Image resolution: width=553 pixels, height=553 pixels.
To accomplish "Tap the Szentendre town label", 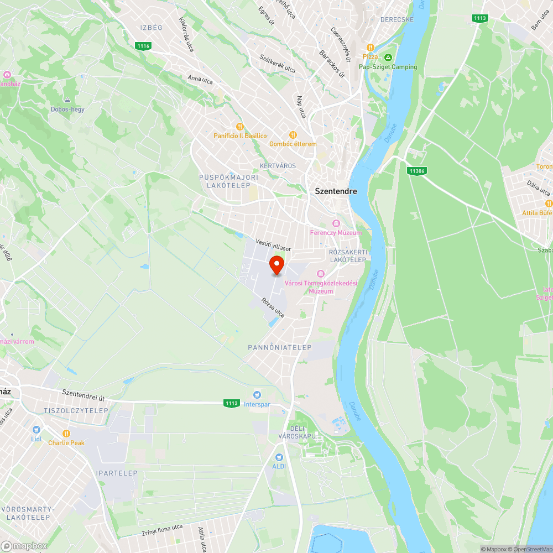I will (336, 191).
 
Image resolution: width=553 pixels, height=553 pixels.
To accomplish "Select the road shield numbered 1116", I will (144, 46).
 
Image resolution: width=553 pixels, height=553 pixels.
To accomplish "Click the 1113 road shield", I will (480, 18).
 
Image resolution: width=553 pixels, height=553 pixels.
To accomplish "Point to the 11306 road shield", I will (417, 171).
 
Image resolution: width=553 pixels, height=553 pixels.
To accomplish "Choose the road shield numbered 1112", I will (232, 403).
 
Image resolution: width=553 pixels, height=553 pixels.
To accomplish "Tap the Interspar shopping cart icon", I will (257, 394).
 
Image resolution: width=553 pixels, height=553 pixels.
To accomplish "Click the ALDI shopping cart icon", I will (279, 457).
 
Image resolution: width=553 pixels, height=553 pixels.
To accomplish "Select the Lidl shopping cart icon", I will (36, 430).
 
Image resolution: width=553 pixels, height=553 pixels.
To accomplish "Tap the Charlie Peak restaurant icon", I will (66, 434).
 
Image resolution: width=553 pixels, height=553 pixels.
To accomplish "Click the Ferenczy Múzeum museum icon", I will (336, 223).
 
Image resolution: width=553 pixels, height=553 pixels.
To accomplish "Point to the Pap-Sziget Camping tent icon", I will (388, 58).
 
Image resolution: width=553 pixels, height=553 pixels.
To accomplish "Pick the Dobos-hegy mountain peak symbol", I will (67, 100).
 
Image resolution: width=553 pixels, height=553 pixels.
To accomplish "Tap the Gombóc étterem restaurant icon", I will (293, 135).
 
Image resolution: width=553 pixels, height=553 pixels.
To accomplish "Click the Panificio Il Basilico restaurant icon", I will (240, 127).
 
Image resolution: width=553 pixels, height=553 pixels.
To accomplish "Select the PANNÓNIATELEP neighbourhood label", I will (280, 347).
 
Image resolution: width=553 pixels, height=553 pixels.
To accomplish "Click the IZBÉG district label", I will (151, 27).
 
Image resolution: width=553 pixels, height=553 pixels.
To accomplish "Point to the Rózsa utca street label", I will (273, 308).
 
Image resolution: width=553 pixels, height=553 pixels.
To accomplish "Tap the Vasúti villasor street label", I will (273, 246).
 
